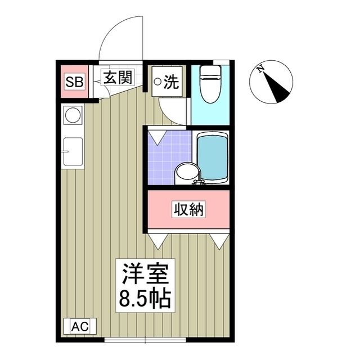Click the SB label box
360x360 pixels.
pyautogui.click(x=74, y=82)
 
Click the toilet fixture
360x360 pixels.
pyautogui.click(x=210, y=85)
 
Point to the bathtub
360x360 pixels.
pyautogui.click(x=213, y=158)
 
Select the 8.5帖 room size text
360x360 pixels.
pyautogui.click(x=143, y=299)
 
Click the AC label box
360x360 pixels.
pyautogui.click(x=80, y=326)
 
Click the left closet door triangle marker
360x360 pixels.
pyautogui.click(x=157, y=241)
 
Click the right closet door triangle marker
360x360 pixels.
pyautogui.click(x=219, y=241)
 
